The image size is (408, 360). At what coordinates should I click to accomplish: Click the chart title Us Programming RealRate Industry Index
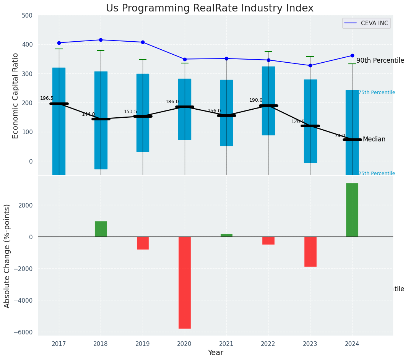[x=210, y=8]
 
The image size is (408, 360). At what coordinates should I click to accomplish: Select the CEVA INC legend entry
[x=366, y=23]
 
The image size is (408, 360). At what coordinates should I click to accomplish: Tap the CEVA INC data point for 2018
[x=101, y=40]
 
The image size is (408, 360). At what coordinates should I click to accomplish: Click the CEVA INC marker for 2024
[x=352, y=55]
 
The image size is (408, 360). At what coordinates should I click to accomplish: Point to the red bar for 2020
[x=185, y=282]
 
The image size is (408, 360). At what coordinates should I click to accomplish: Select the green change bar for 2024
[x=352, y=210]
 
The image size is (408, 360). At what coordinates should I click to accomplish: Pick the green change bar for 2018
[x=101, y=229]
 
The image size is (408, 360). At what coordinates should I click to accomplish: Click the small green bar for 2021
[x=226, y=235]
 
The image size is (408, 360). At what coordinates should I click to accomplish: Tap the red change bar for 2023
[x=310, y=251]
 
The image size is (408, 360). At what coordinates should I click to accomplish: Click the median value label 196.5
[x=47, y=98]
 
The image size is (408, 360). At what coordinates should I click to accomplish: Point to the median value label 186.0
[x=172, y=102]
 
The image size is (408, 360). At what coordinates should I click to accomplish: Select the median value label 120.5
[x=298, y=122]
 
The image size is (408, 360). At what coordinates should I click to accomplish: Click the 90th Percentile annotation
[x=380, y=60]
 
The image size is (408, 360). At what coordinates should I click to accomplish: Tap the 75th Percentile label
[x=377, y=92]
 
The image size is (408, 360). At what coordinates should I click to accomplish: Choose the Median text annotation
[x=374, y=139]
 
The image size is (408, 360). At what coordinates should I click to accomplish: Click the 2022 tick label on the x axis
[x=268, y=344]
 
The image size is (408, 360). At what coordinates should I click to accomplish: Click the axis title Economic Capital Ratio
[x=16, y=96]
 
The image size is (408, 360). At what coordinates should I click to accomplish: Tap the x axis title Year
[x=215, y=353]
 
